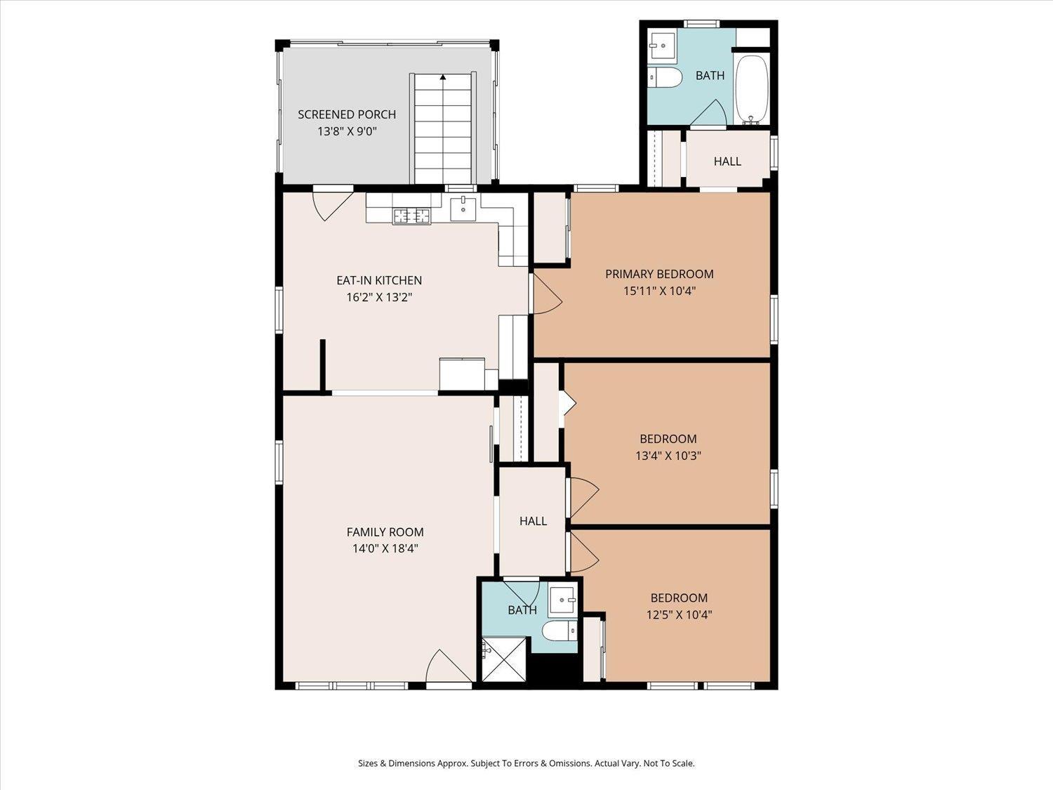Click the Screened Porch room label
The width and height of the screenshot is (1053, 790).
[347, 114]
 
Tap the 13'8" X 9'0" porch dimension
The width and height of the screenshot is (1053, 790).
[347, 131]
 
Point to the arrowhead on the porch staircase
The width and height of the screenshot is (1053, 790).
[443, 77]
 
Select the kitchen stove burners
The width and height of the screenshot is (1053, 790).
[412, 216]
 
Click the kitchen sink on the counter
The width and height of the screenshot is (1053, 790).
[463, 209]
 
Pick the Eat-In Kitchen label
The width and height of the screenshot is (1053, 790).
[379, 280]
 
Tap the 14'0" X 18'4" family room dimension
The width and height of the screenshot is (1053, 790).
[385, 548]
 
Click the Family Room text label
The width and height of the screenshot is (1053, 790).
[385, 532]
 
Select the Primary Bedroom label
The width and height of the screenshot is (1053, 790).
[659, 274]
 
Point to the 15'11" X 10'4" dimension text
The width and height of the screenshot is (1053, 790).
[659, 291]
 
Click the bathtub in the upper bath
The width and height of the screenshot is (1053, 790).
[752, 90]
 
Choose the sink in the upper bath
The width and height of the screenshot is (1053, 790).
[662, 46]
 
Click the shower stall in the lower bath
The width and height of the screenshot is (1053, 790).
[504, 659]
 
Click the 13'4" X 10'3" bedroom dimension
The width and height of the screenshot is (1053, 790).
[668, 455]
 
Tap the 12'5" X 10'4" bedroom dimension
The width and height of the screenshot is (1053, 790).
[679, 614]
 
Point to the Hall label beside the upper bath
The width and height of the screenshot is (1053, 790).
[727, 162]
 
